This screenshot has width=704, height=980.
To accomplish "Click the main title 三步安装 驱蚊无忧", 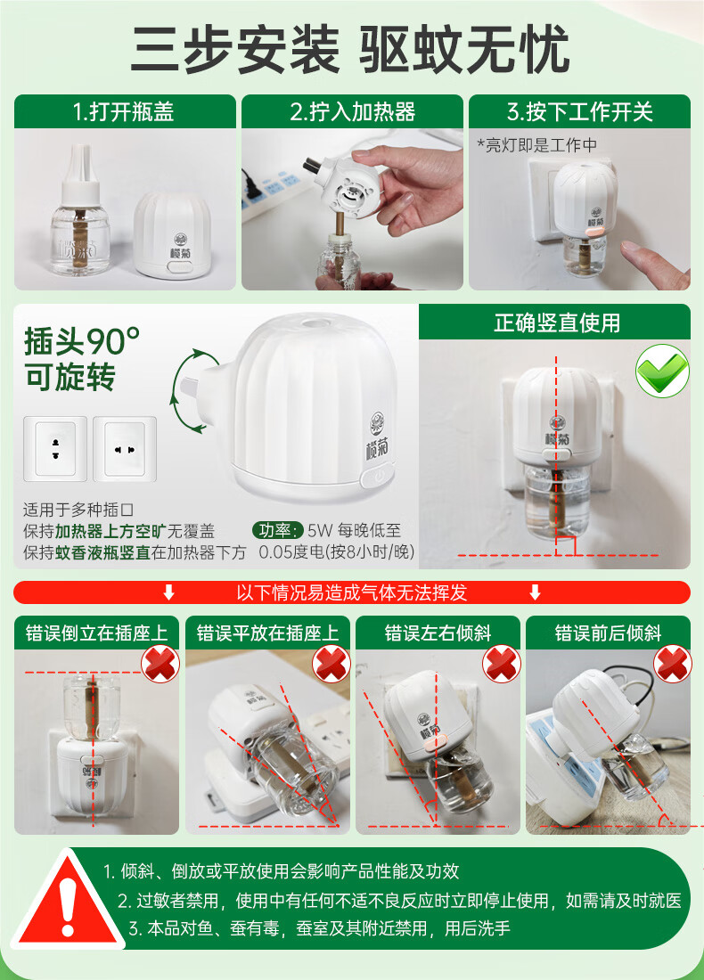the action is coord(351,49).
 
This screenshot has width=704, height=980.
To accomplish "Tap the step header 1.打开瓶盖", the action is coord(124,112).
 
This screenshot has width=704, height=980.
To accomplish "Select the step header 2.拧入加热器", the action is coord(353,112).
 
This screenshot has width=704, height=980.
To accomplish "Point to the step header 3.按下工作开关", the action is coord(579,112).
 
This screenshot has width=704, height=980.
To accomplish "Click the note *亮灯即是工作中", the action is coord(537,145).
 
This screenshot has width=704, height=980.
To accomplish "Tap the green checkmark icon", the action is coord(662,371).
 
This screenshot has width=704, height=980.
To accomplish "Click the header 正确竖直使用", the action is coord(557,323).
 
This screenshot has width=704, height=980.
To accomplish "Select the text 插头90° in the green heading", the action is coord(82,341).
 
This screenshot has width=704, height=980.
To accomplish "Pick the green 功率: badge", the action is coord(278,531).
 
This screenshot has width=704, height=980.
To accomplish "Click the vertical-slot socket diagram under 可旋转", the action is coord(55,449).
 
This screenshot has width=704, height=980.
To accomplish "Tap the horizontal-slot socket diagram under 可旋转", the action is coord(125,449).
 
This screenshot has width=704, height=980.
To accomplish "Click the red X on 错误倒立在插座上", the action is coord(160,664).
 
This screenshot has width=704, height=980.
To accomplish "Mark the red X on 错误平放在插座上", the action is coord(332,664).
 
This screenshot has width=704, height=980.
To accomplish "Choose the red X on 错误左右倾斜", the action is coord(502,664).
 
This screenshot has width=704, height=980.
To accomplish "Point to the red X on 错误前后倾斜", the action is coord(672,664).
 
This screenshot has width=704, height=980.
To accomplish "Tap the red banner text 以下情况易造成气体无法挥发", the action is coord(351,592).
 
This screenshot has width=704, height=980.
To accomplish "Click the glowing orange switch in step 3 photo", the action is coord(594,231).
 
